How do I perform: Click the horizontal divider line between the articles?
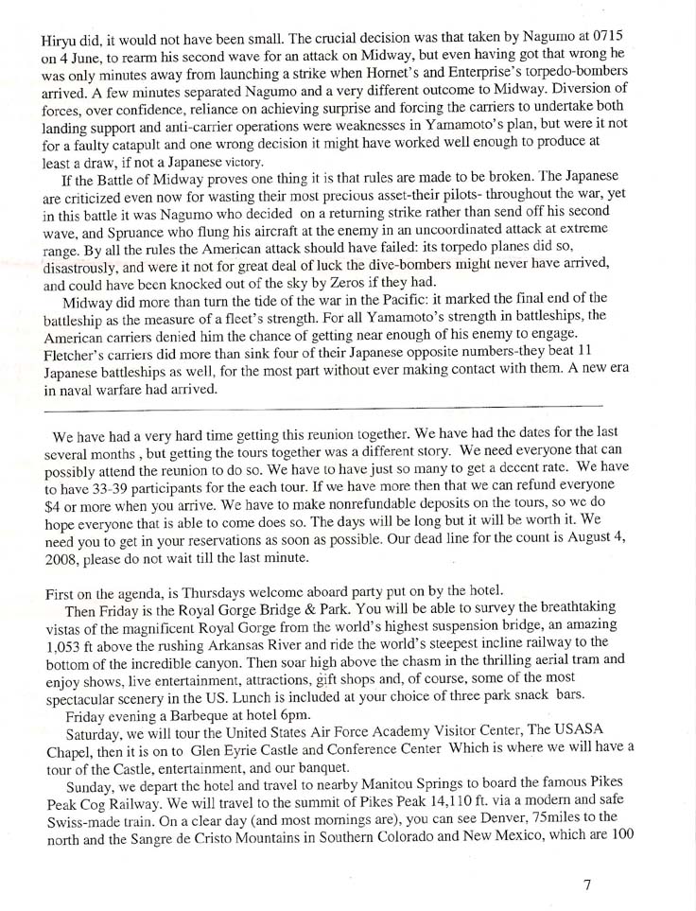322,407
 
